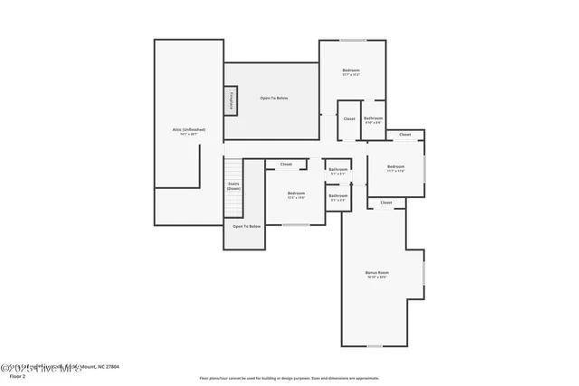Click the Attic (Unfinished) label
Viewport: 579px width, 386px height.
point(189,131)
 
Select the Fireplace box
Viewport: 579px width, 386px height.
point(232,100)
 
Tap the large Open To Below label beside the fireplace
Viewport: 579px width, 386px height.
point(274,98)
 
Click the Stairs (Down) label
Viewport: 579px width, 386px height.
point(233,186)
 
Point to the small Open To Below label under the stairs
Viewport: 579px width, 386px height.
point(246,226)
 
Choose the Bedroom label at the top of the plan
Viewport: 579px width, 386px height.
point(351,71)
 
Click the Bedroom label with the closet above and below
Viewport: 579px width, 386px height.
point(396,167)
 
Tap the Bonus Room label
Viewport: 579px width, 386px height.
point(376,274)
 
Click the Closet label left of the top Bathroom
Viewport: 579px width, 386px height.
point(349,118)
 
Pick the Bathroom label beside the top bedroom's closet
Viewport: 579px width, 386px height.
point(374,119)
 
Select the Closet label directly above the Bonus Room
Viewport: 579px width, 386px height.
point(386,202)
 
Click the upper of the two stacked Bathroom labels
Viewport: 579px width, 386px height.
point(338,170)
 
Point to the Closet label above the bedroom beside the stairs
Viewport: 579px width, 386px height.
point(286,165)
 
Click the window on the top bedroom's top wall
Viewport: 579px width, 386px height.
point(352,40)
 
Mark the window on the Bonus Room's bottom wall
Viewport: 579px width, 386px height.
point(374,346)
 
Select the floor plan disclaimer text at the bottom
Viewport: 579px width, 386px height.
point(289,378)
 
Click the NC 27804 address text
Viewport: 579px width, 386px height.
point(104,366)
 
